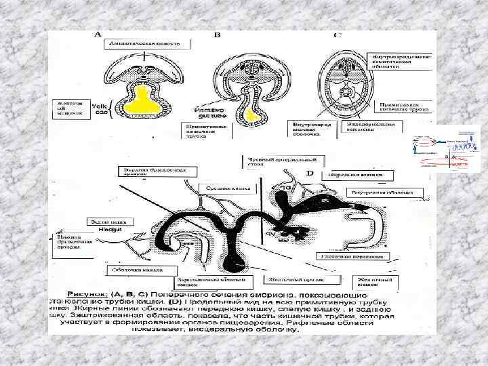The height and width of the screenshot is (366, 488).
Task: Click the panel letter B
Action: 217,35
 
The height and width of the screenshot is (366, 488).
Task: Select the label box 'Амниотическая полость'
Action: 142,44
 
